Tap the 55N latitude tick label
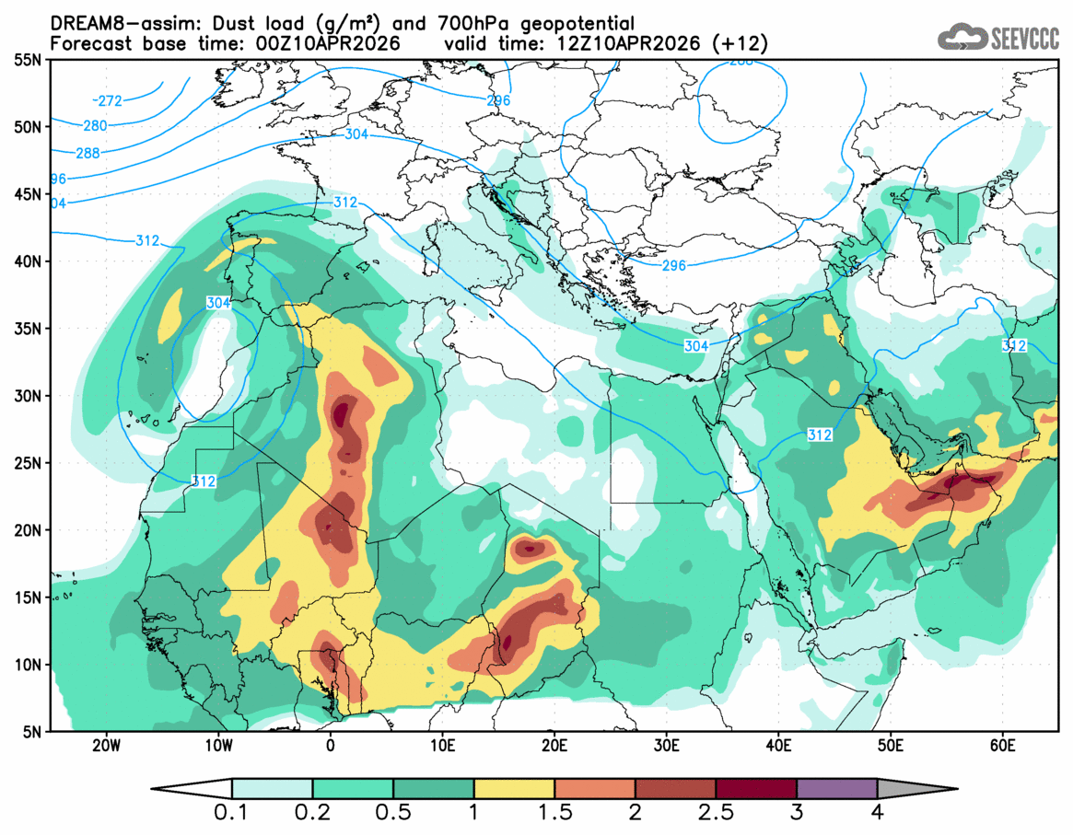[x=29, y=60]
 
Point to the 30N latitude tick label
[x=29, y=396]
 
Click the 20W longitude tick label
[x=108, y=745]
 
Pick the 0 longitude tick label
[x=332, y=745]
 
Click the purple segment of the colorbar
[x=836, y=789]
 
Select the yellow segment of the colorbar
[x=514, y=789]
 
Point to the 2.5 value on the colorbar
[x=715, y=813]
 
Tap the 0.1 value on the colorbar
[x=231, y=813]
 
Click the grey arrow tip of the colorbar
[x=917, y=789]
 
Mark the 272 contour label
[x=109, y=100]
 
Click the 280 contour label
[x=94, y=126]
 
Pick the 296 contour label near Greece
[x=674, y=266]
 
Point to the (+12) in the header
[x=742, y=43]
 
